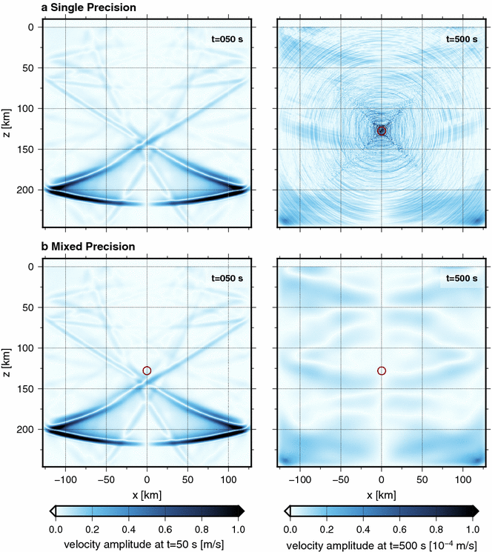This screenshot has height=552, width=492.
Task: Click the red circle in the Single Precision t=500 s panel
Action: point(382,130)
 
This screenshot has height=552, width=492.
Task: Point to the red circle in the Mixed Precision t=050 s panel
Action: point(147,370)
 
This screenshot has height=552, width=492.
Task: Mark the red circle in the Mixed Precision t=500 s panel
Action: point(382,370)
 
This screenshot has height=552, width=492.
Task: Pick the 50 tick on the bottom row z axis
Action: point(30,307)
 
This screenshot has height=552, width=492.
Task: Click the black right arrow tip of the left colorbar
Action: point(241,511)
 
